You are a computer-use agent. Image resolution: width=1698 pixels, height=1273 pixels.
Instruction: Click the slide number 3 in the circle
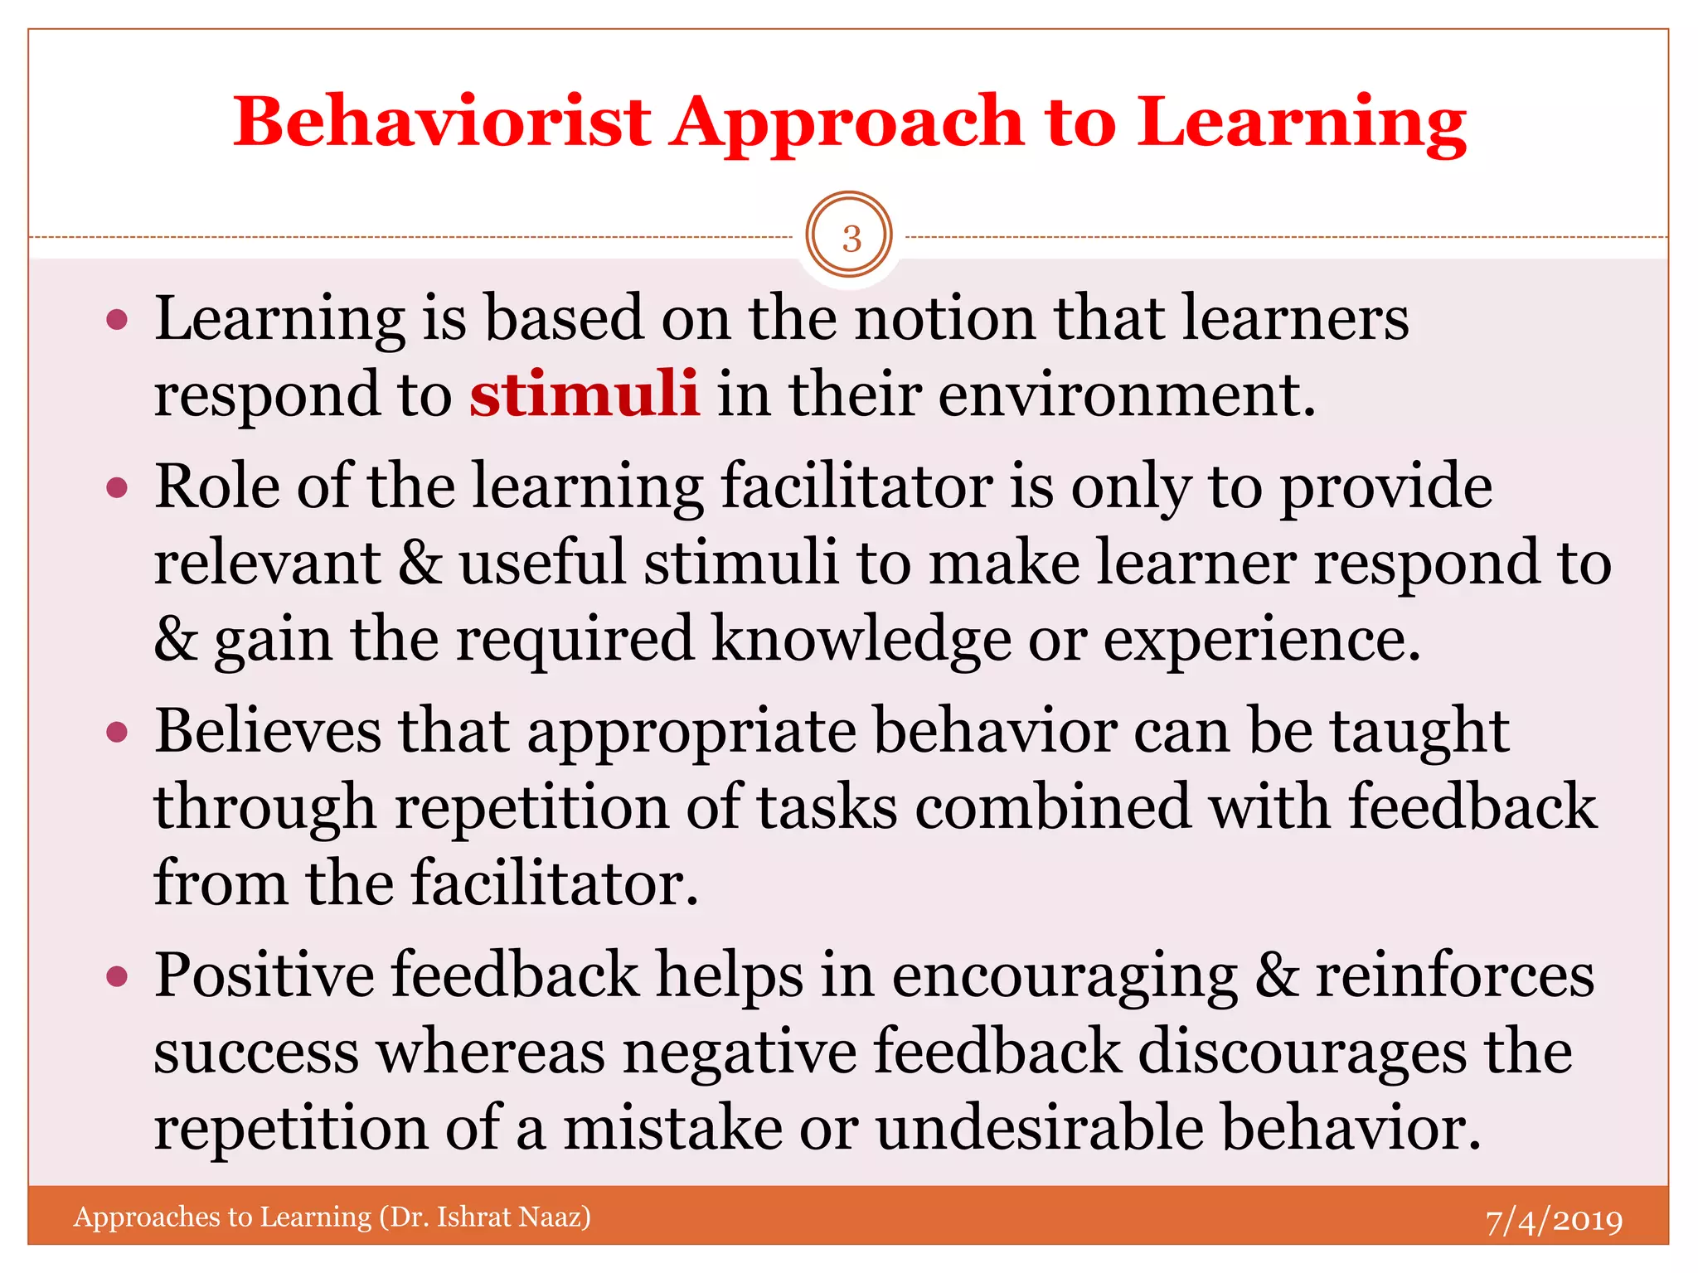851,239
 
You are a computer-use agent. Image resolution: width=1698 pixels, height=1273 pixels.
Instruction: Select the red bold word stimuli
584,394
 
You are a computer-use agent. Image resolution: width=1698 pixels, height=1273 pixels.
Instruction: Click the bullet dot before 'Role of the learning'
117,487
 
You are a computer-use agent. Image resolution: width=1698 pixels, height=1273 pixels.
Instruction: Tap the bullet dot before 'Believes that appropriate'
117,732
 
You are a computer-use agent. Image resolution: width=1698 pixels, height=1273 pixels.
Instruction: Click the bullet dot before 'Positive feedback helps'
117,976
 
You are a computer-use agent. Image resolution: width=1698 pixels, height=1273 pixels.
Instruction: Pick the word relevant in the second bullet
267,563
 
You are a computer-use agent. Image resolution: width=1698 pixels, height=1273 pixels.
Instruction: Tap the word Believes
269,731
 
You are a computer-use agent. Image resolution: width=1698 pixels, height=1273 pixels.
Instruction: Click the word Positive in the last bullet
264,975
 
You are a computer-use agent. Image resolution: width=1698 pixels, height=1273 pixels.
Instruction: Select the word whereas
491,1052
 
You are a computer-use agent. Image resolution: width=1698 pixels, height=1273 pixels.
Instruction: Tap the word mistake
672,1128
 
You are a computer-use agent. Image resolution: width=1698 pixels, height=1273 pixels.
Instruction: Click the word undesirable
1039,1128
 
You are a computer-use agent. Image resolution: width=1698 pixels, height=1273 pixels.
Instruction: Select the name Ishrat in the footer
473,1217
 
